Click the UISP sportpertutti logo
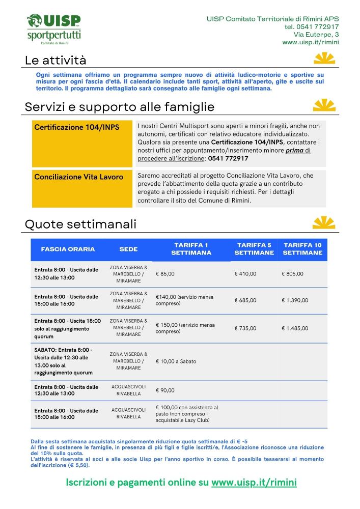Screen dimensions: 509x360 [x=53, y=29]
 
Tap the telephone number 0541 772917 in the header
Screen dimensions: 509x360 [x=312, y=27]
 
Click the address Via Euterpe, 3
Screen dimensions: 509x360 [x=316, y=35]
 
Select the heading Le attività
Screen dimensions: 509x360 [x=56, y=61]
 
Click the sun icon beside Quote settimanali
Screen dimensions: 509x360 [x=324, y=223]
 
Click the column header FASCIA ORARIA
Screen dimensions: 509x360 [x=68, y=249]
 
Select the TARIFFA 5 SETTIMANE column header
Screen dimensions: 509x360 [x=254, y=249]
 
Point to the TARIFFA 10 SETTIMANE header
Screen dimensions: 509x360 [x=302, y=249]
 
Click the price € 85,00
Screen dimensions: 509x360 [x=165, y=274]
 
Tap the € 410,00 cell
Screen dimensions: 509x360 [x=245, y=274]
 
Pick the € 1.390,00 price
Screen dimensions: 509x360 [x=295, y=300]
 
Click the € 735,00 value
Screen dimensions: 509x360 [x=245, y=328]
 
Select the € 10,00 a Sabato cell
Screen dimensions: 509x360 [x=176, y=361]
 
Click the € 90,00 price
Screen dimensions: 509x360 [x=165, y=390]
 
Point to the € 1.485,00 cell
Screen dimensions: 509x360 [x=295, y=328]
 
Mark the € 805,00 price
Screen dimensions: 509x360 [x=292, y=274]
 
